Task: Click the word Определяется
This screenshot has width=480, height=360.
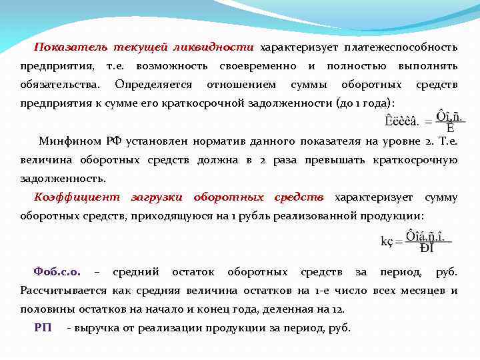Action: pyautogui.click(x=153, y=85)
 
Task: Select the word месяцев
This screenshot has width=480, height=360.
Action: pyautogui.click(x=425, y=291)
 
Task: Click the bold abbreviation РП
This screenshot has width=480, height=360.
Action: pyautogui.click(x=43, y=328)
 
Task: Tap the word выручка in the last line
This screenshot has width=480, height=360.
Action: pyautogui.click(x=97, y=328)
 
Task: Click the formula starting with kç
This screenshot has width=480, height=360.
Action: pyautogui.click(x=408, y=241)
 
